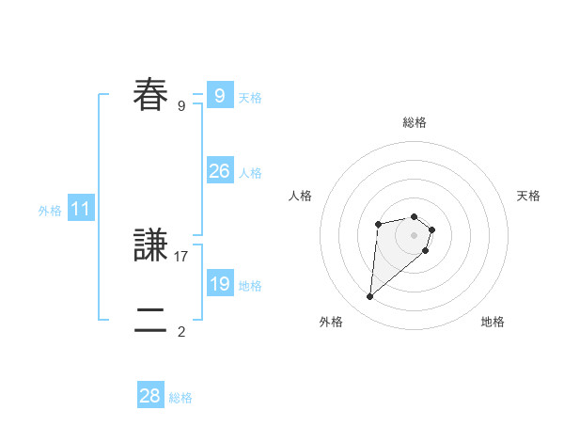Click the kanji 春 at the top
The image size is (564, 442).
[x=151, y=95]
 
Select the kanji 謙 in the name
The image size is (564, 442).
[x=151, y=245]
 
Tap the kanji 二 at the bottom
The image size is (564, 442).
[x=151, y=321]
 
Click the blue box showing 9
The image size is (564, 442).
[x=219, y=95]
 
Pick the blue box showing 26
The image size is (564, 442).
[x=219, y=170]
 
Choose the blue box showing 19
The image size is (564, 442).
[x=219, y=283]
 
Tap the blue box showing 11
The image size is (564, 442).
[x=81, y=209]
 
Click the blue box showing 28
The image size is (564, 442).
[x=150, y=396]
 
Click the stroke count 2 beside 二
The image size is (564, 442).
[x=181, y=331]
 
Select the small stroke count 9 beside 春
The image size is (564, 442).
[x=181, y=105]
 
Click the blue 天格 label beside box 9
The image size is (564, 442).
[x=250, y=98]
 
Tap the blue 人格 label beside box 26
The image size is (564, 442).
[x=250, y=173]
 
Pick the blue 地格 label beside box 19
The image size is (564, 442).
[x=250, y=286]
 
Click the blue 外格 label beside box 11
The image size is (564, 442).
[x=50, y=212]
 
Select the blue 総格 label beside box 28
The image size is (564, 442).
[x=180, y=399]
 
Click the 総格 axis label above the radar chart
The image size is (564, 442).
[x=415, y=123]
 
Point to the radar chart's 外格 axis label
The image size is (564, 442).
[x=331, y=322]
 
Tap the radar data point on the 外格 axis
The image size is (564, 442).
[x=370, y=297]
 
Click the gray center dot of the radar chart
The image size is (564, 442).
[x=415, y=234]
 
